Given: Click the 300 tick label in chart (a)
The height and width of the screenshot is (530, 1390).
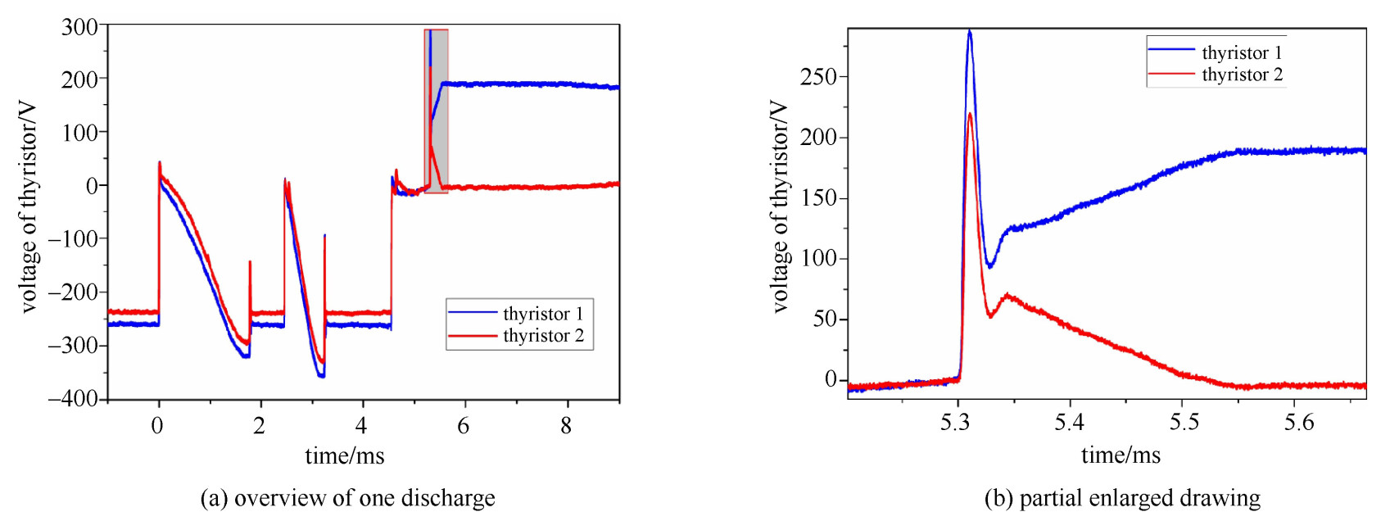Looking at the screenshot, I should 79,27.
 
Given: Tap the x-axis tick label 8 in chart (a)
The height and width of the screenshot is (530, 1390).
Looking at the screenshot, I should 566,426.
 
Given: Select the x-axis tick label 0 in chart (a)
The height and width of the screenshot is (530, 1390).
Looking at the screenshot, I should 157,426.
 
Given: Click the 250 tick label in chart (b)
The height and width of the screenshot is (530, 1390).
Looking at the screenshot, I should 818,77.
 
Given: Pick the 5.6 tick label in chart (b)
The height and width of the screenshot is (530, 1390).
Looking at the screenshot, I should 1298,423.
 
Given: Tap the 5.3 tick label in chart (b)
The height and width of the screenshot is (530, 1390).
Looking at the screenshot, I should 956,423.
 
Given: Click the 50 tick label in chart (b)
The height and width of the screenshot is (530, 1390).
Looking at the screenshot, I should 825,319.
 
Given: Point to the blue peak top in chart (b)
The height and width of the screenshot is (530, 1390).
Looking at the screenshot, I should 970,32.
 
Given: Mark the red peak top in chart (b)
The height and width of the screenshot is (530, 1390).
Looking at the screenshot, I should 970,114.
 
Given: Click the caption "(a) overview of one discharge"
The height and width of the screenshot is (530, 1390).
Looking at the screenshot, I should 347,498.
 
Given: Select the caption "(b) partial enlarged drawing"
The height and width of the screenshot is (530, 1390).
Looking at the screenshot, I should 1122,498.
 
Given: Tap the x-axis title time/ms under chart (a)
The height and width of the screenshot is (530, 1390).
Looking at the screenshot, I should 345,455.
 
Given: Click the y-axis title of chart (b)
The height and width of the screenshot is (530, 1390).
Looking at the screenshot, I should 780,206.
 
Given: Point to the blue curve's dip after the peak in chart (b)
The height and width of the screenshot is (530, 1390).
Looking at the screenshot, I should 990,265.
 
